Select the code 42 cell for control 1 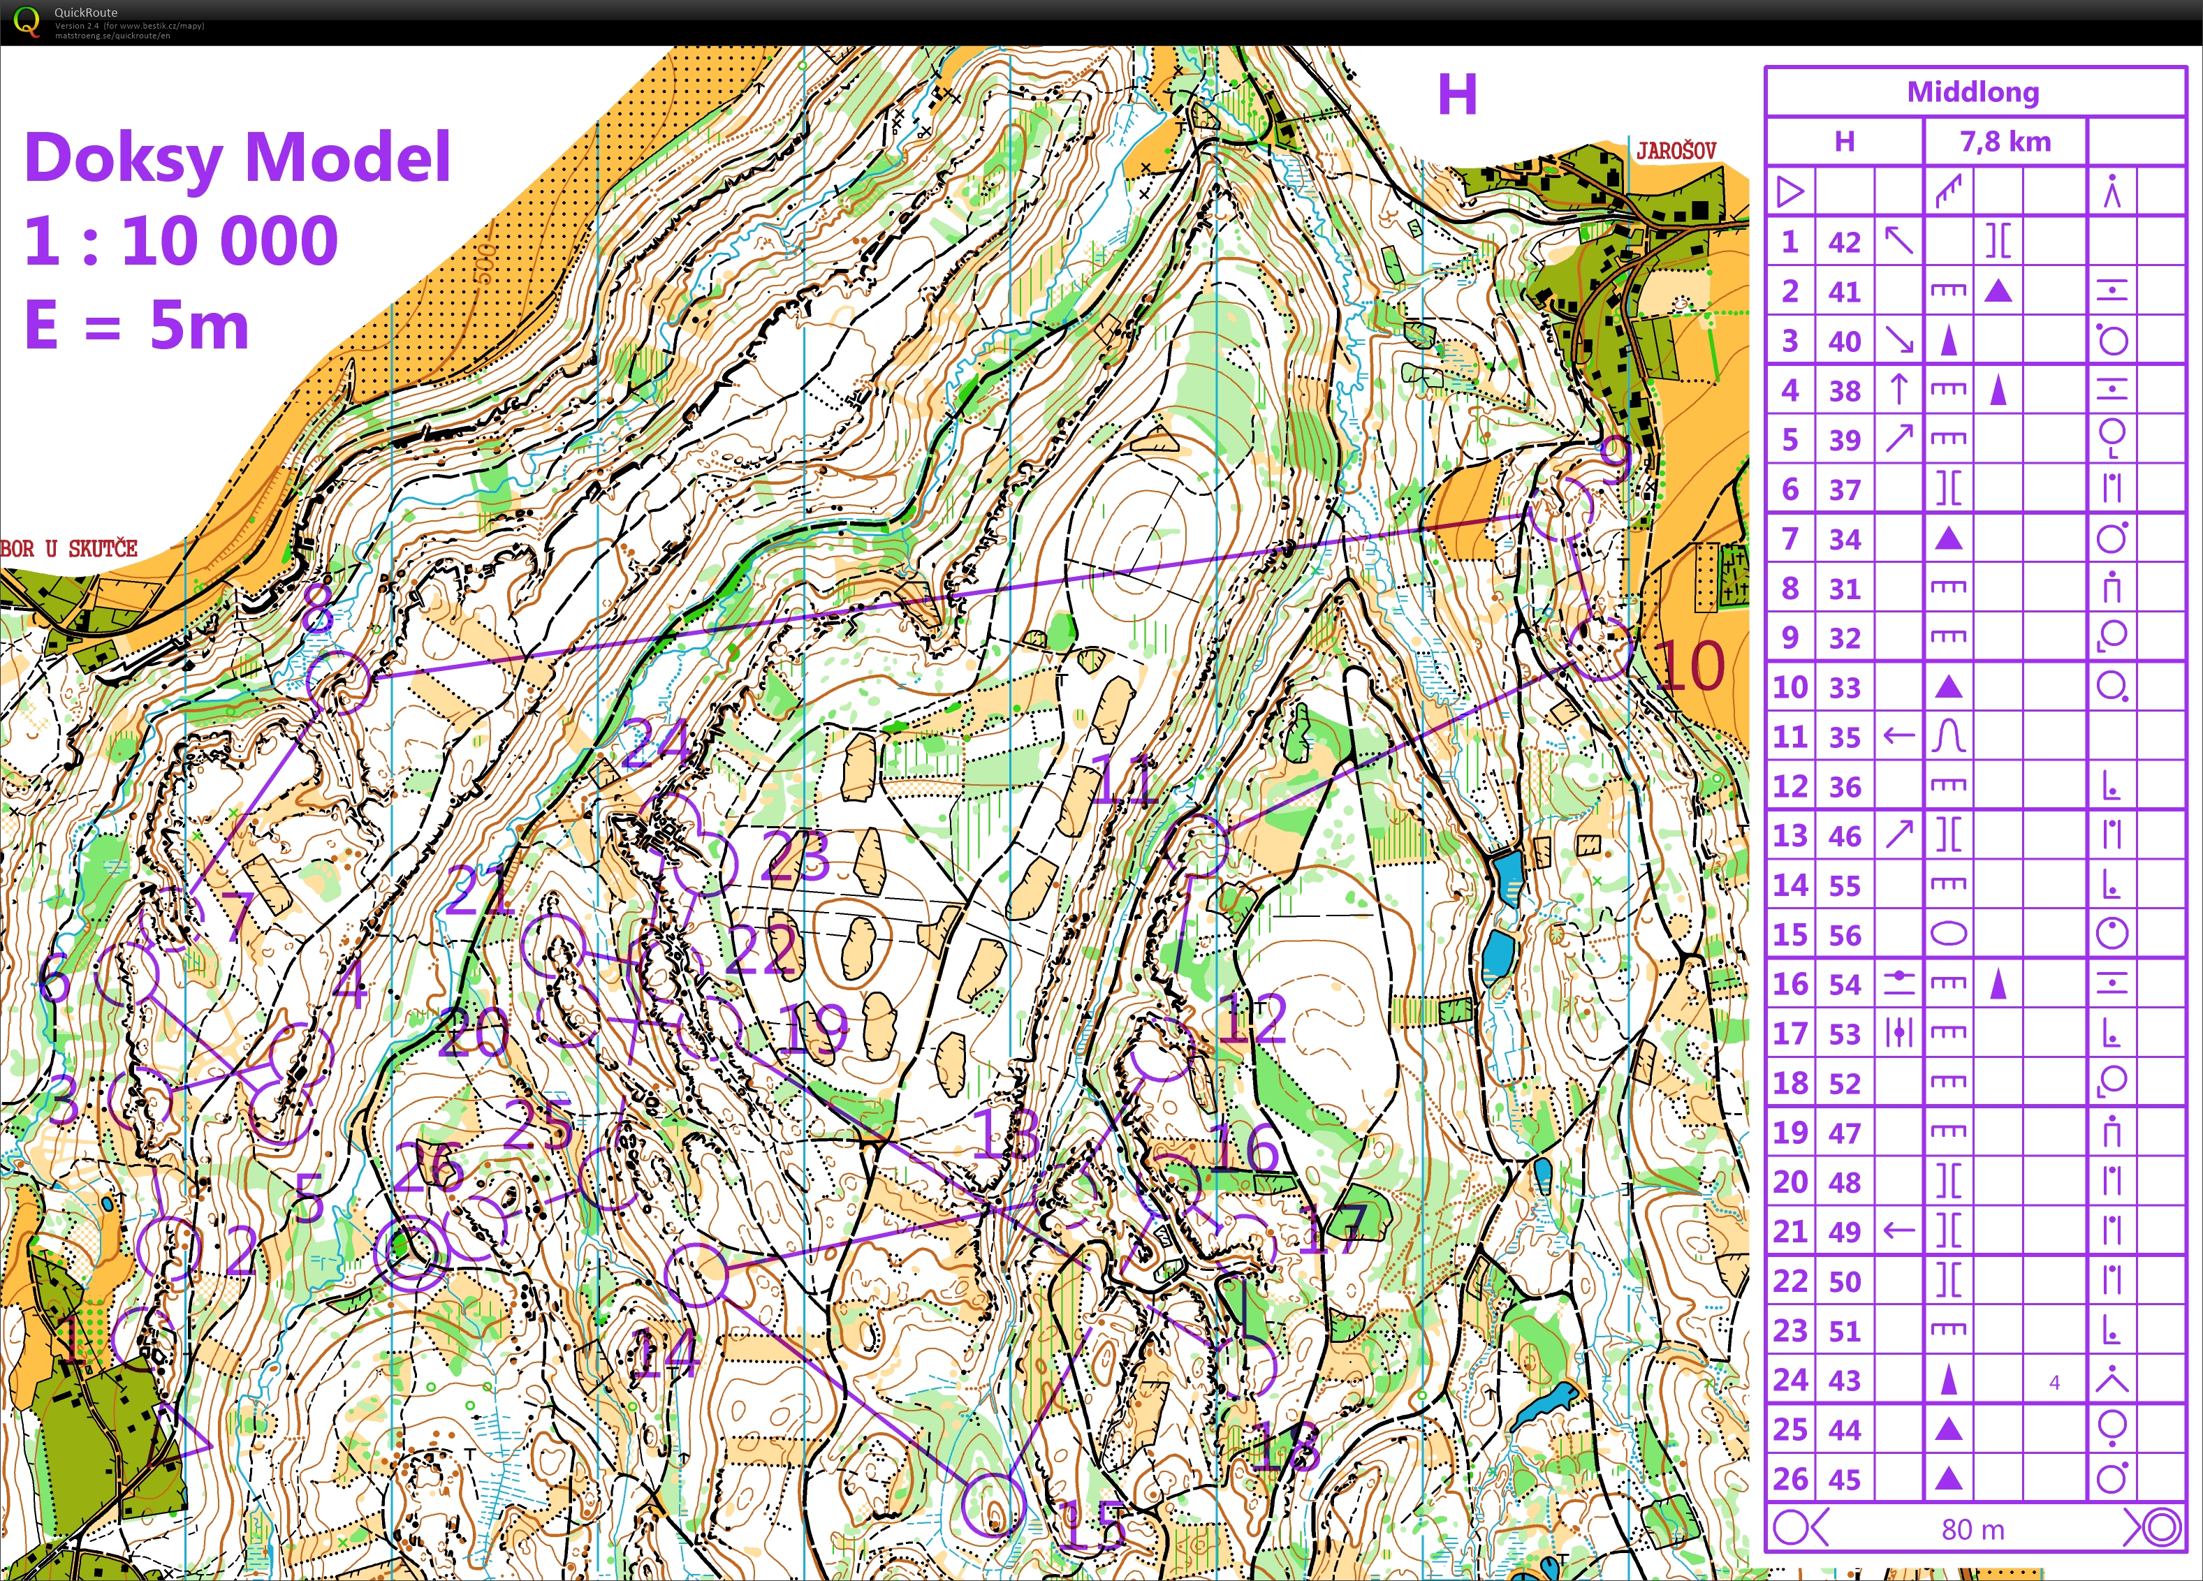point(1843,242)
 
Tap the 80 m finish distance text point(1973,1529)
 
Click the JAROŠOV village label point(1676,151)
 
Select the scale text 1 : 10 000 point(182,241)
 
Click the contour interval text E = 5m point(137,325)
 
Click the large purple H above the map point(1457,95)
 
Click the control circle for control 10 point(1598,648)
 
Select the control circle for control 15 point(993,1504)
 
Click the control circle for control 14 point(696,1274)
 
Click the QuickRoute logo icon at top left point(27,22)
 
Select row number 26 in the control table point(1790,1479)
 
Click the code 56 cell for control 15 point(1843,935)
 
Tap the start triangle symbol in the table point(1790,191)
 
